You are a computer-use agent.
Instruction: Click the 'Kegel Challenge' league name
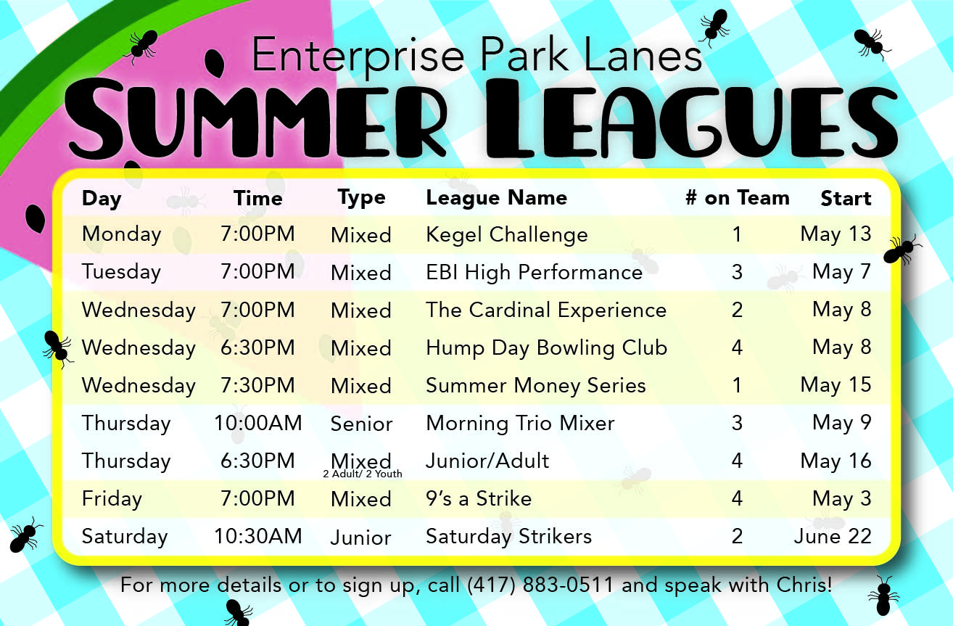[507, 235]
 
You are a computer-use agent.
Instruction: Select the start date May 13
[836, 234]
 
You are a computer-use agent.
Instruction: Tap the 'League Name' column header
[497, 198]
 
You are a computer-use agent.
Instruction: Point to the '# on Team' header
[738, 198]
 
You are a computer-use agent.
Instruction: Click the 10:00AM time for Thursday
[257, 424]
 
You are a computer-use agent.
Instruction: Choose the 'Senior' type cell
[361, 424]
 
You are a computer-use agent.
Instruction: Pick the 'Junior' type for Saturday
[360, 538]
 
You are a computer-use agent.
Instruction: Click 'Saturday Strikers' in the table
[509, 537]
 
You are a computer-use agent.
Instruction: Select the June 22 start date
[833, 536]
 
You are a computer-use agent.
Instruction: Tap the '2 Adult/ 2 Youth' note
[363, 474]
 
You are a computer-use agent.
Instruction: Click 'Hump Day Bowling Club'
[547, 348]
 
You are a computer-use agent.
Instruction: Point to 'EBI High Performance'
[534, 273]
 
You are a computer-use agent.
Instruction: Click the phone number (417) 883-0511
[540, 585]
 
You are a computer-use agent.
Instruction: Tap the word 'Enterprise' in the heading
[358, 56]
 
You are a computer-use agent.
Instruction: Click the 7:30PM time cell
[257, 386]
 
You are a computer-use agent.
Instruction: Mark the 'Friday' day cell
[112, 499]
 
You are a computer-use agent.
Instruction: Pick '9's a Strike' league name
[479, 499]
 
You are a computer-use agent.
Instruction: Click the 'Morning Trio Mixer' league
[520, 424]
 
